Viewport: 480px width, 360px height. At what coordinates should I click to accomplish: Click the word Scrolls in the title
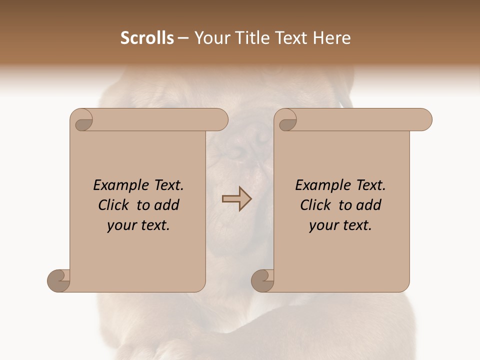click(147, 38)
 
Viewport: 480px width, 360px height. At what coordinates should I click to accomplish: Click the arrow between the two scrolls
click(236, 199)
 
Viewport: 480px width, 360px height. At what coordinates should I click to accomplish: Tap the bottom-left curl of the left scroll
click(59, 281)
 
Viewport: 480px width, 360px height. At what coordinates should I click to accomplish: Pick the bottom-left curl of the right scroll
click(263, 281)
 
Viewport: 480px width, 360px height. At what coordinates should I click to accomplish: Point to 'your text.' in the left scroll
click(138, 225)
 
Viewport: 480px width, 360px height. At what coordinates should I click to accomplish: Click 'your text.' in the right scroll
click(340, 225)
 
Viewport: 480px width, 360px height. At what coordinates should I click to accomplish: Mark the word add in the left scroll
click(167, 205)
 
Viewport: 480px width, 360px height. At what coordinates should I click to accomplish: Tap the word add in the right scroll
click(369, 205)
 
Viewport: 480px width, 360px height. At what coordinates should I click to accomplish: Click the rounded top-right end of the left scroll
click(220, 120)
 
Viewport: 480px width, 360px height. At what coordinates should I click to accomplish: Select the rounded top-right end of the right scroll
click(424, 120)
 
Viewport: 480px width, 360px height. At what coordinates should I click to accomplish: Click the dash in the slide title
click(183, 38)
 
